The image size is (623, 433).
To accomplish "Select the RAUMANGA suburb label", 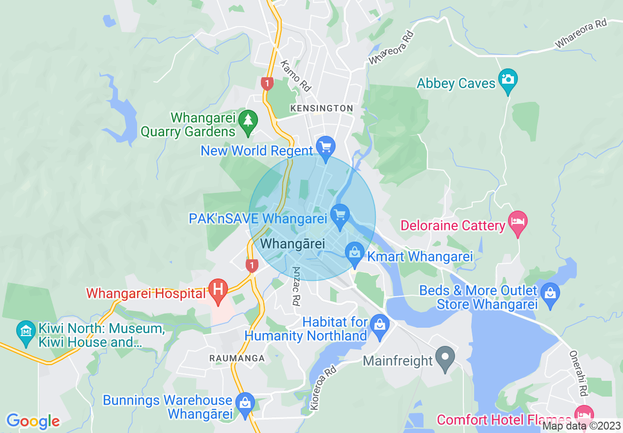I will pos(237,358).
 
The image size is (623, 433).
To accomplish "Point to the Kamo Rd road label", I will pos(296,76).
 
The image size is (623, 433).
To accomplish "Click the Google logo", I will pos(33,421).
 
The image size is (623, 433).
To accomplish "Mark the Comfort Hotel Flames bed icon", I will pos(584,414).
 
